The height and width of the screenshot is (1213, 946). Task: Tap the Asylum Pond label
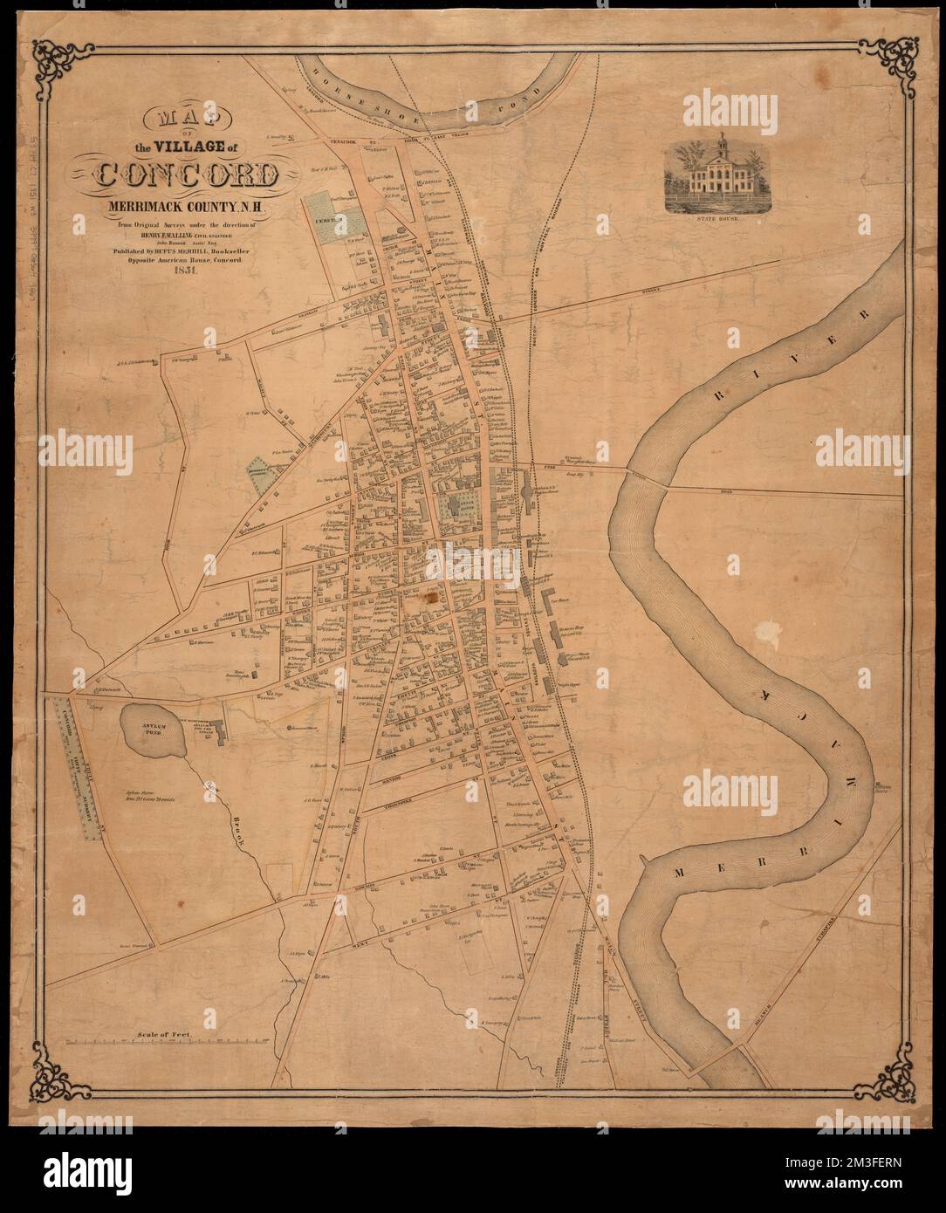(x=151, y=720)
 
